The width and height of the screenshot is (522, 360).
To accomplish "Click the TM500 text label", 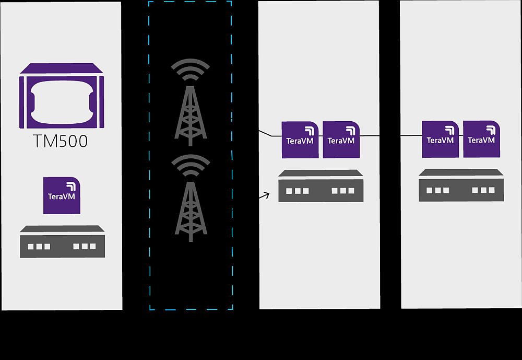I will [61, 142].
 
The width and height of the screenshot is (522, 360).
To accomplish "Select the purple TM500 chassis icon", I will [62, 96].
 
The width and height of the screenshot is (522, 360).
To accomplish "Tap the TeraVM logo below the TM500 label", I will [62, 195].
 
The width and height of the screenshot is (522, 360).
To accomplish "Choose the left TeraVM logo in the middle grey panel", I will [300, 140].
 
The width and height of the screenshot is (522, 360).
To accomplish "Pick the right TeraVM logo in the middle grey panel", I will [341, 140].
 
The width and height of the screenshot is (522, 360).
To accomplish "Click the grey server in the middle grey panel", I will [321, 187].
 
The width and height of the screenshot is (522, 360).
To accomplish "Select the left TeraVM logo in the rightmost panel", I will [440, 139].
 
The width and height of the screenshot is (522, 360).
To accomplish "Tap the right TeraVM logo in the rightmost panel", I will [481, 139].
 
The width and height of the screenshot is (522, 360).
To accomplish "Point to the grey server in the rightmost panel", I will [461, 185].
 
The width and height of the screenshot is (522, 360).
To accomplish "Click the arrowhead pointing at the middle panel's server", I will [267, 195].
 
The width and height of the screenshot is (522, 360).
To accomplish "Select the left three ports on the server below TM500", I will [39, 246].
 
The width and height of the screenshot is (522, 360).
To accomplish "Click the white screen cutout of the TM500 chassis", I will [62, 100].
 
